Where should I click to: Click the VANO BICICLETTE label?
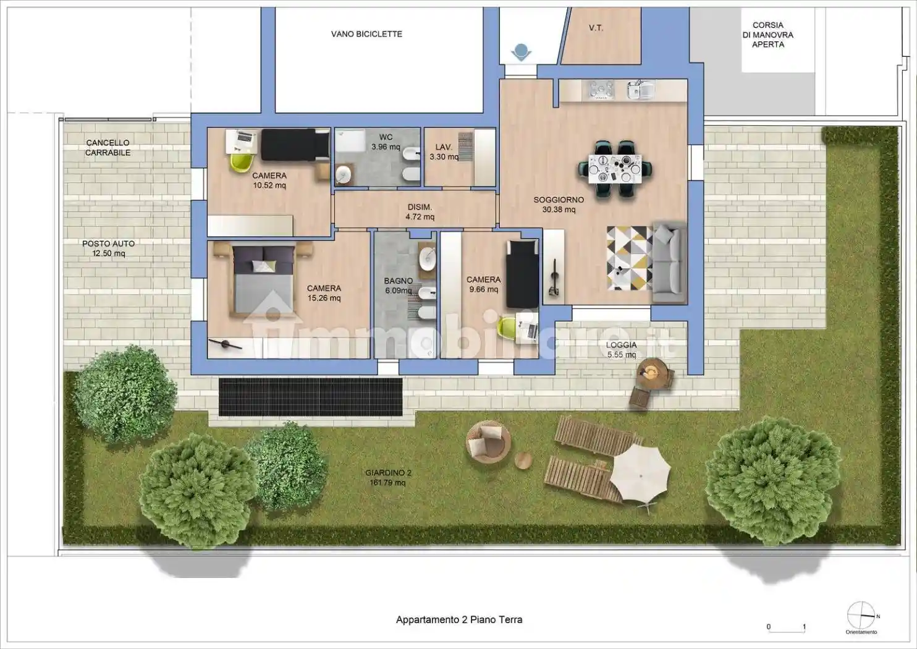pos(366,34)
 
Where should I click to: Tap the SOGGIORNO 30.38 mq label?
pos(559,205)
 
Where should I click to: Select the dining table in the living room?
pos(615,169)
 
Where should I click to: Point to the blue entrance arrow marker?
pos(521,53)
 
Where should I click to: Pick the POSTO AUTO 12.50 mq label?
pos(109,248)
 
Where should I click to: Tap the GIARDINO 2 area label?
pos(387,477)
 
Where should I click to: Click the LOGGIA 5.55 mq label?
pos(622,350)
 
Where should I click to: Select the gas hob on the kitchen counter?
pos(601,90)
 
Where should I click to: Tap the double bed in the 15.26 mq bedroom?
pos(263,278)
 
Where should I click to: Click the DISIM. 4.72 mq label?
pos(420,212)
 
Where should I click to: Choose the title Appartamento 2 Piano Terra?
pos(459,619)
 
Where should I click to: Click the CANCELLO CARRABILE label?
pos(108,147)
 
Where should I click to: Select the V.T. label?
pos(596,28)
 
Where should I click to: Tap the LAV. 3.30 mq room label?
pos(444,151)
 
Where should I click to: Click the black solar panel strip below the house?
pos(311,397)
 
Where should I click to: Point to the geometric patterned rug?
pos(629,258)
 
